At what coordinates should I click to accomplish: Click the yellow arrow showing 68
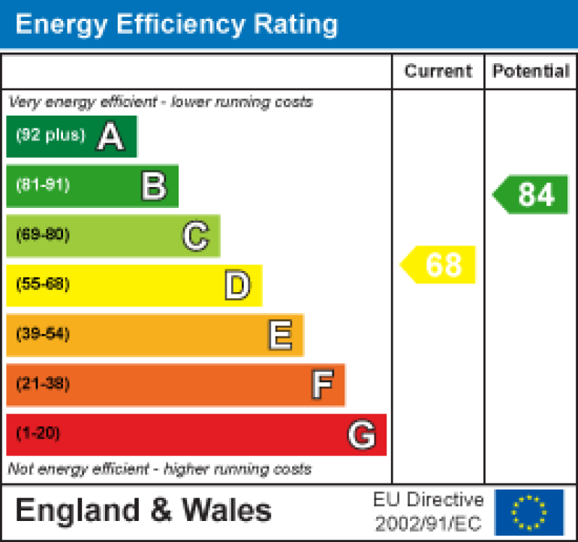click(439, 265)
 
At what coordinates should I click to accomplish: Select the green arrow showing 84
click(531, 195)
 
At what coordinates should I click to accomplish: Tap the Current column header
click(438, 71)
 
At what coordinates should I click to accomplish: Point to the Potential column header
click(531, 71)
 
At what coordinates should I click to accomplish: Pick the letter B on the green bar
click(153, 186)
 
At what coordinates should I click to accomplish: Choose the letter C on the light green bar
click(195, 236)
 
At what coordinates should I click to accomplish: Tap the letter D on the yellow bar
click(237, 286)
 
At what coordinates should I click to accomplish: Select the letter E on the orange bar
click(279, 336)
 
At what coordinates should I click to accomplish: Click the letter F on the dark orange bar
click(321, 385)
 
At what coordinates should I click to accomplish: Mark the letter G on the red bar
click(361, 435)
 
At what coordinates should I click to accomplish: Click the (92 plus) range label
click(50, 136)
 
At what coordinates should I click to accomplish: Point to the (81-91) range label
click(42, 185)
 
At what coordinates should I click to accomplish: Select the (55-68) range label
click(42, 285)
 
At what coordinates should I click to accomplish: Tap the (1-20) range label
click(38, 434)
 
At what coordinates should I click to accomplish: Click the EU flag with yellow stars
click(529, 512)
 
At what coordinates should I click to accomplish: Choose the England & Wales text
click(143, 511)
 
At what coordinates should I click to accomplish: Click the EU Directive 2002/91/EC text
click(429, 511)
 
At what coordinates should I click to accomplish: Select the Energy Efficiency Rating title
click(176, 25)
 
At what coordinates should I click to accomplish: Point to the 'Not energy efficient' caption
click(159, 469)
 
